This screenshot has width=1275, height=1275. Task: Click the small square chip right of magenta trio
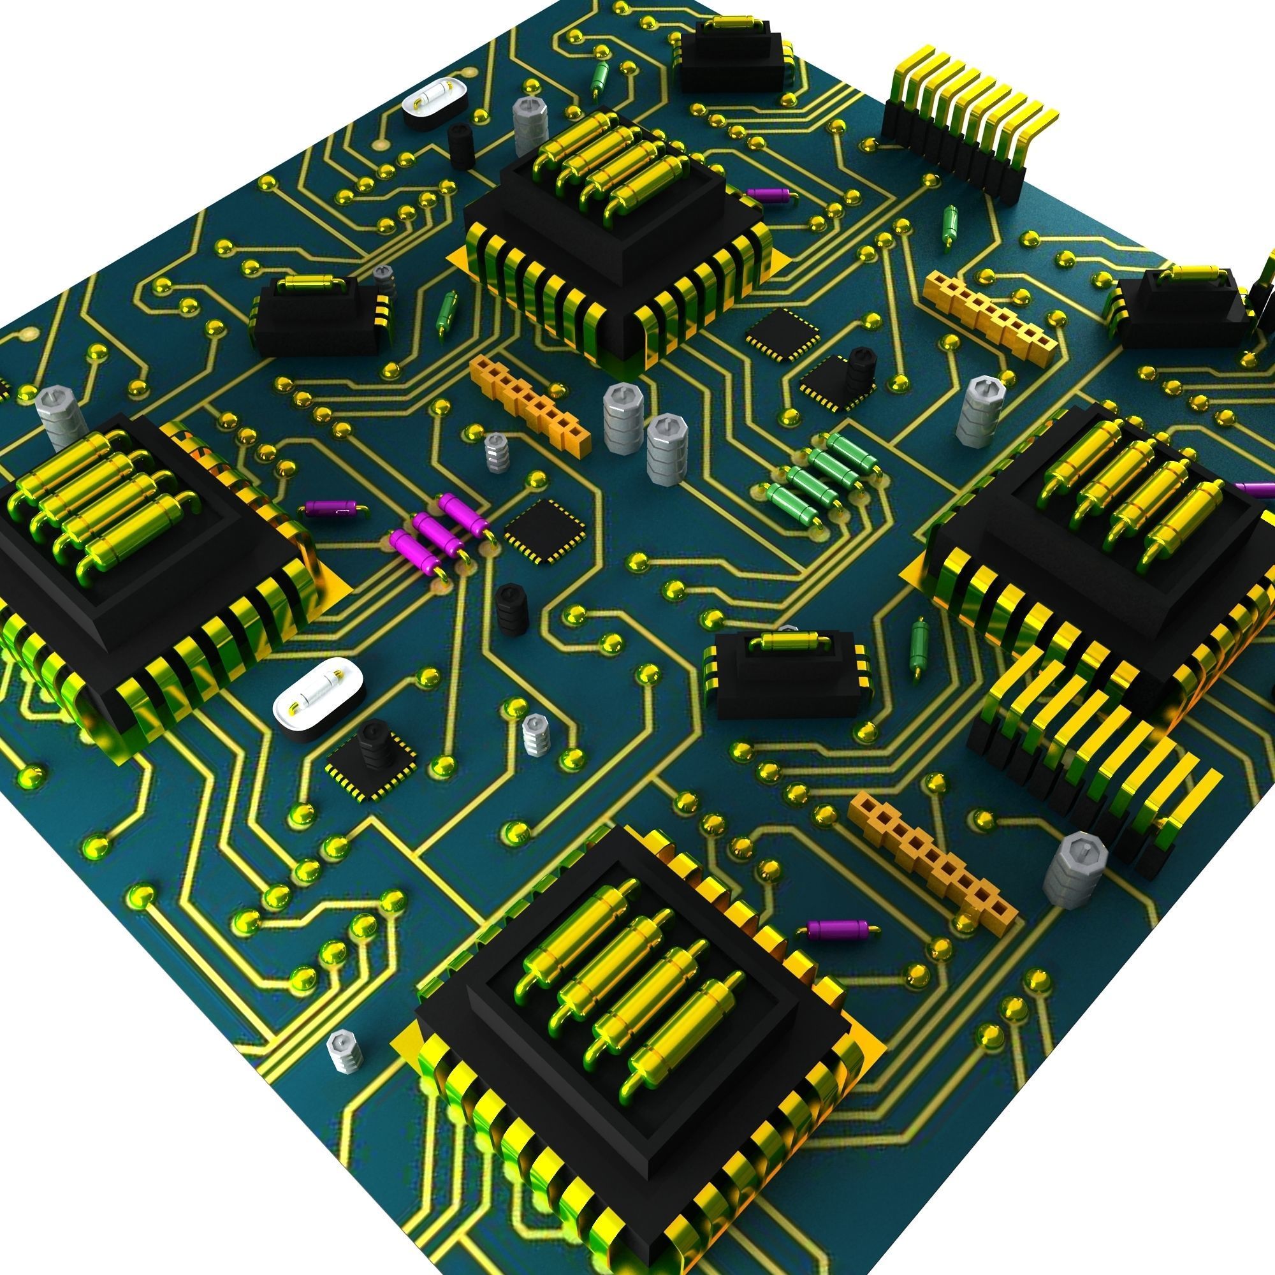pos(545,532)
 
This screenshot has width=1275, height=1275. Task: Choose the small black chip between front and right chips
pos(785,673)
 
